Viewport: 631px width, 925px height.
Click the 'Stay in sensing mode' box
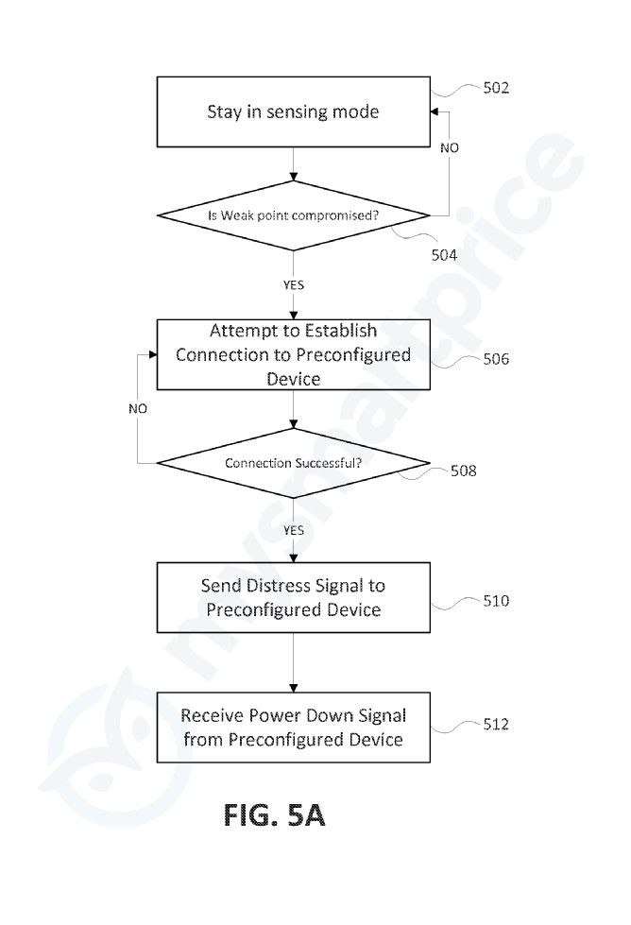click(293, 111)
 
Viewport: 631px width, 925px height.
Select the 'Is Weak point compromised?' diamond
click(293, 215)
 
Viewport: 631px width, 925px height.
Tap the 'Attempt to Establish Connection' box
click(293, 354)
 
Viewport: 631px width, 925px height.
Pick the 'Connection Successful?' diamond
click(293, 463)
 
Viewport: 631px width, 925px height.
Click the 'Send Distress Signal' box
click(293, 597)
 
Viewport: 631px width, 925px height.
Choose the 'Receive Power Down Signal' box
click(293, 728)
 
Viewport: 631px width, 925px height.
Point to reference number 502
click(496, 88)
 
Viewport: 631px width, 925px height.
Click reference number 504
click(444, 255)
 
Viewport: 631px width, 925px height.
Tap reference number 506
click(496, 359)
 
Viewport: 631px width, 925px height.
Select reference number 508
click(464, 471)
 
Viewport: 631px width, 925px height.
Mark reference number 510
click(496, 601)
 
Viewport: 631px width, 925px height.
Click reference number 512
click(496, 724)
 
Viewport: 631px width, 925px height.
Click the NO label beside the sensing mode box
click(450, 148)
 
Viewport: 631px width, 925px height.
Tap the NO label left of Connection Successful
click(138, 408)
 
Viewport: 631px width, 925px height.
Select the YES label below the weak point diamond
click(293, 285)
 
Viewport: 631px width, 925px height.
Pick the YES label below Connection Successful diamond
click(293, 530)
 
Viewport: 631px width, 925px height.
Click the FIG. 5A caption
click(274, 815)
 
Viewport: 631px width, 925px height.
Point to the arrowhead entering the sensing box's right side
click(434, 111)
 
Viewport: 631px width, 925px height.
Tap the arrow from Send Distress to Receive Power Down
click(293, 662)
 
